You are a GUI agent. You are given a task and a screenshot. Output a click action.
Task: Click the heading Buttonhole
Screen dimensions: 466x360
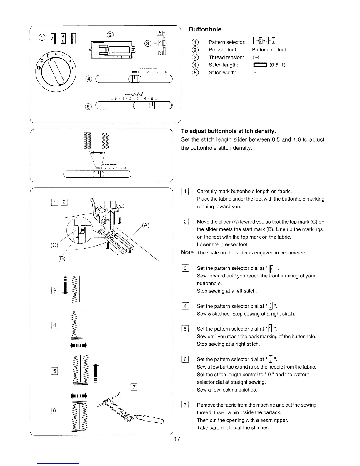pyautogui.click(x=205, y=29)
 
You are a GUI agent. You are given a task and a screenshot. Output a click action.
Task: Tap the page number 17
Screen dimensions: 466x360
pyautogui.click(x=177, y=439)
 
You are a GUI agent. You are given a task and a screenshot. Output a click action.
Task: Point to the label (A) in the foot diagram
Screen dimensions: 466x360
pyautogui.click(x=146, y=226)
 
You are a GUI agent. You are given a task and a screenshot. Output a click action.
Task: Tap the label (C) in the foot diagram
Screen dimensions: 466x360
pyautogui.click(x=54, y=245)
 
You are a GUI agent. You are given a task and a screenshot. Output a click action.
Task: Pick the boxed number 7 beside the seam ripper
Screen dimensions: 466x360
pyautogui.click(x=134, y=387)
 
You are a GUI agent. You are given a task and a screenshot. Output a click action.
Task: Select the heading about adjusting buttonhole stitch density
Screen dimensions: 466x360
pyautogui.click(x=229, y=131)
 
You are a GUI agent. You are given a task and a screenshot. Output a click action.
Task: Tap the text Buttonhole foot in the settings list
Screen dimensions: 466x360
pyautogui.click(x=269, y=50)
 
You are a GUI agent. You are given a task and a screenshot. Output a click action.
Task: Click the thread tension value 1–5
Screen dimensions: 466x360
pyautogui.click(x=256, y=57)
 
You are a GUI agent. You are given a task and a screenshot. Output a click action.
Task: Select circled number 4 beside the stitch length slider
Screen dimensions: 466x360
pyautogui.click(x=88, y=79)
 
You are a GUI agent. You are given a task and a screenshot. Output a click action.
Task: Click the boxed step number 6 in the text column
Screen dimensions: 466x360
pyautogui.click(x=185, y=359)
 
